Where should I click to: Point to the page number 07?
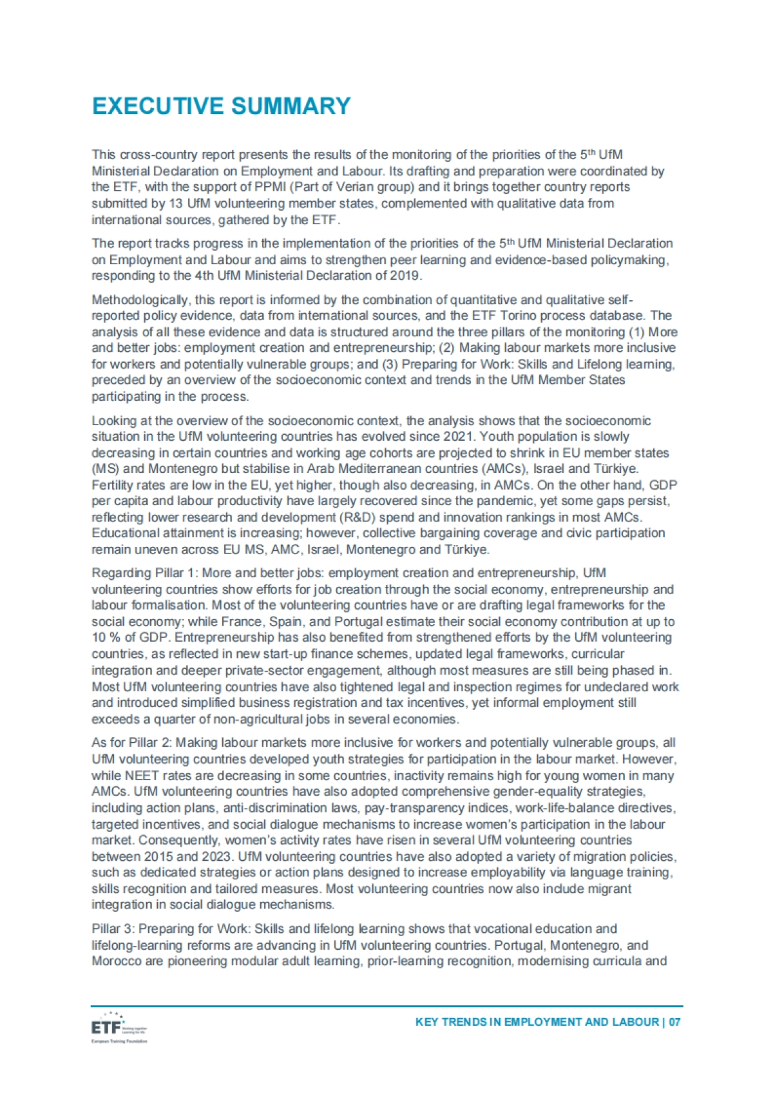[674, 1022]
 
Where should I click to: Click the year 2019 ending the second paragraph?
[405, 276]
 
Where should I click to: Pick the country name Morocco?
[115, 961]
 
